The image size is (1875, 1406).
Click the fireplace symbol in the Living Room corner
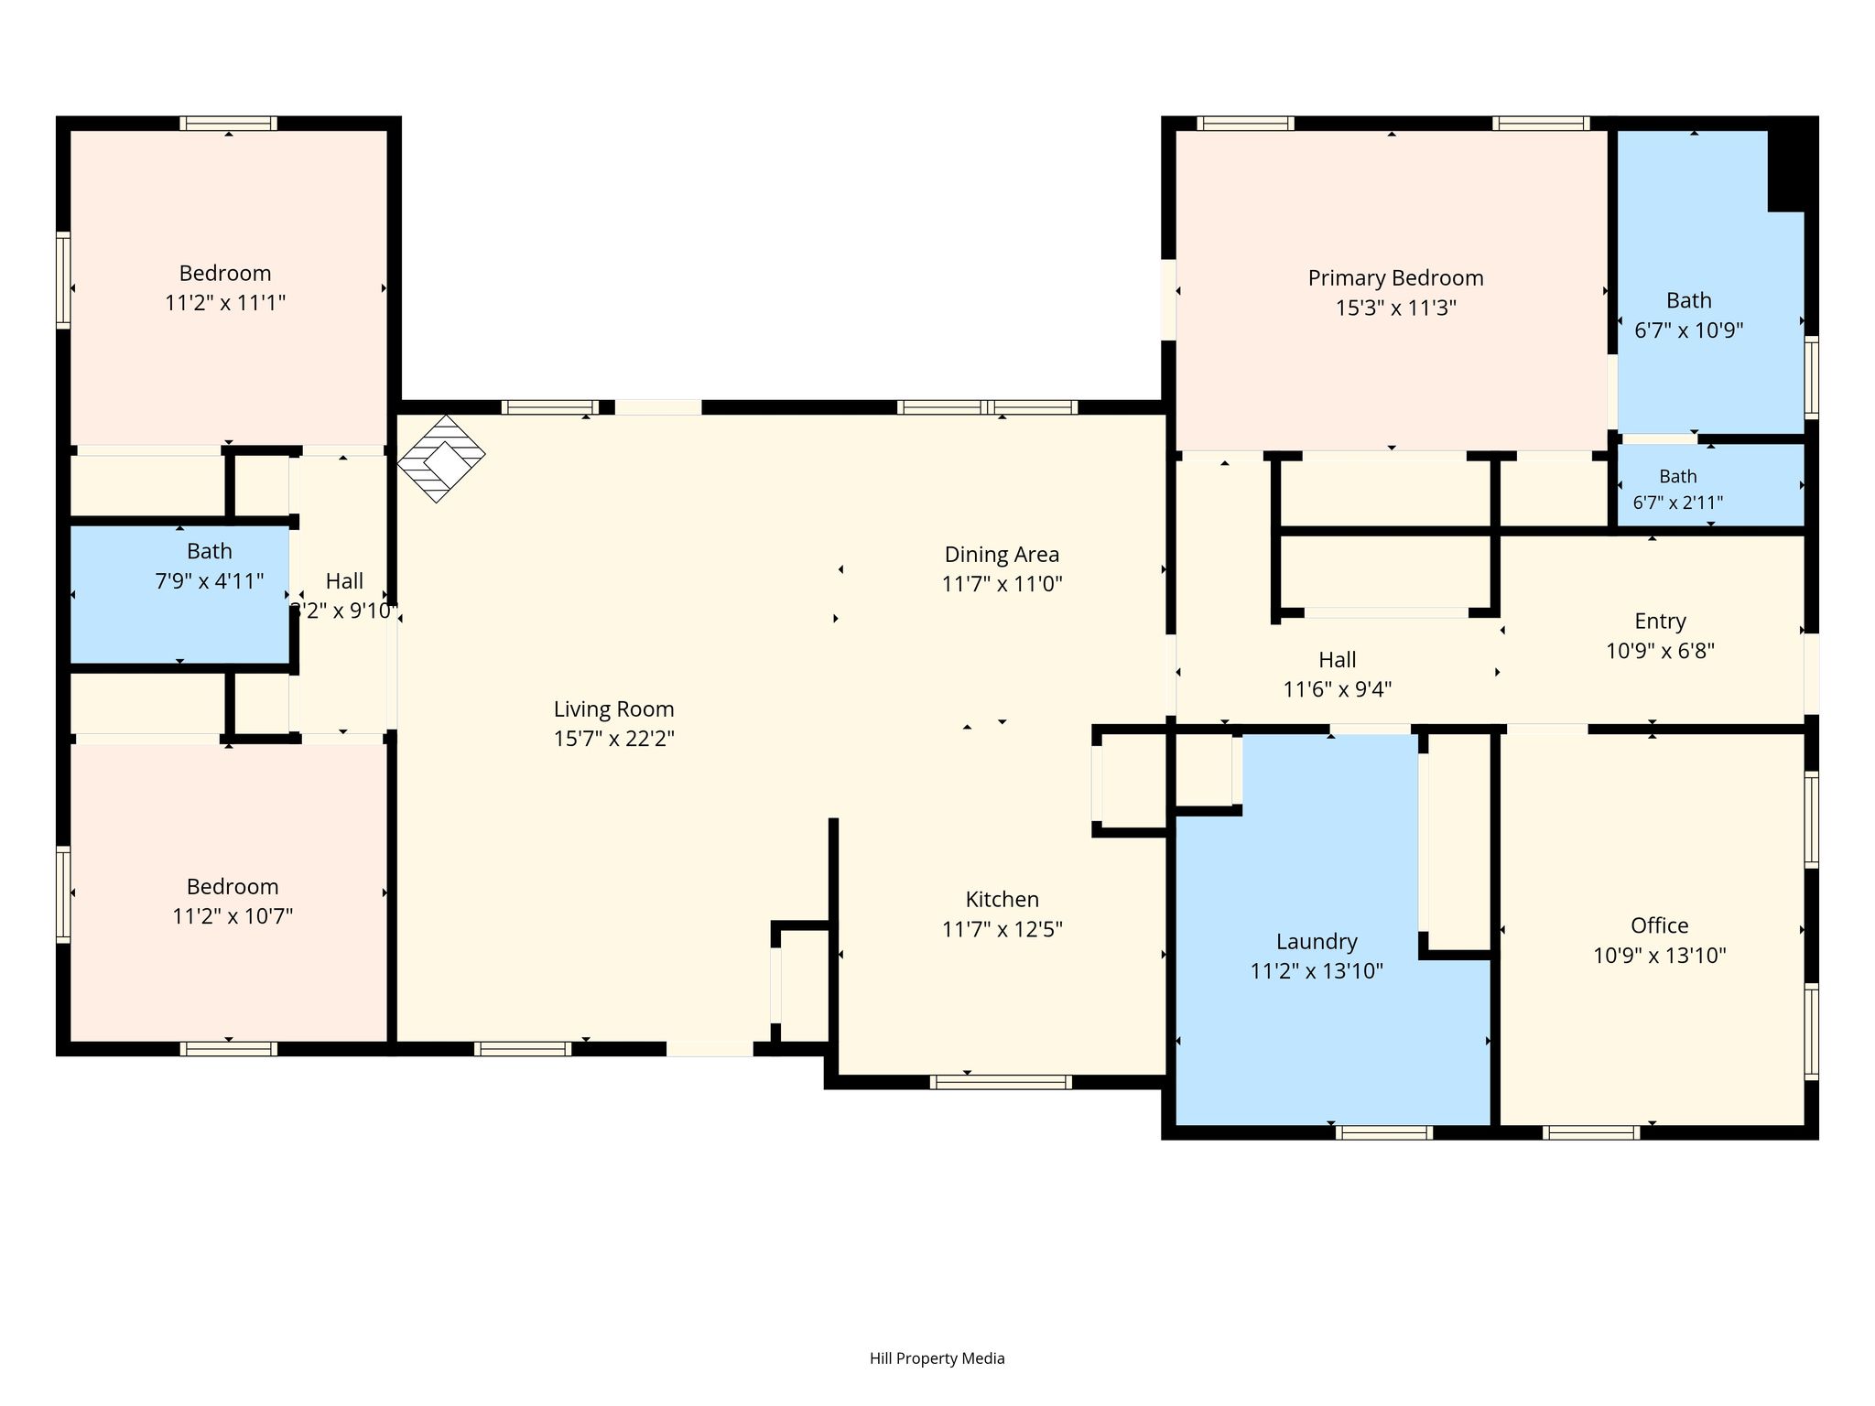(440, 459)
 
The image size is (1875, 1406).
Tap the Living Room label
(613, 709)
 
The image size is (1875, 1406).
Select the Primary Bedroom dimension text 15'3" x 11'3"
(1395, 308)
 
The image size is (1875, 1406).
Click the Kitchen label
(1002, 899)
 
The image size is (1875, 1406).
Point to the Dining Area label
(1002, 555)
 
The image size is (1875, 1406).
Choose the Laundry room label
(1317, 942)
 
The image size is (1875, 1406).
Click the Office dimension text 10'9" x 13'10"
(1659, 956)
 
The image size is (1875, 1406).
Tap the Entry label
(1660, 622)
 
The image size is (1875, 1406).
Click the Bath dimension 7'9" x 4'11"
(210, 581)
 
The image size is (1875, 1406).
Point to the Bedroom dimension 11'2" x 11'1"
(225, 303)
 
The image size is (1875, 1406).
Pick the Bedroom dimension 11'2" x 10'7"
(233, 916)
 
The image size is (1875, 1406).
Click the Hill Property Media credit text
(937, 1358)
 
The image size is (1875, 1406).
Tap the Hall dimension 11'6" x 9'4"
(1337, 689)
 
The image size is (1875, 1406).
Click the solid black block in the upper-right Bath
(1792, 165)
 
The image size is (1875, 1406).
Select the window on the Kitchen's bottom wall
(1001, 1082)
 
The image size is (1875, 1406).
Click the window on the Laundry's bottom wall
(1383, 1132)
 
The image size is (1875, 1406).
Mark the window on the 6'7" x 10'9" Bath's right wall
(1811, 377)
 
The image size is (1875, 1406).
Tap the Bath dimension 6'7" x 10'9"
(1688, 330)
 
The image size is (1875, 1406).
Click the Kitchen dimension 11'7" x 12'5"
(1002, 930)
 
